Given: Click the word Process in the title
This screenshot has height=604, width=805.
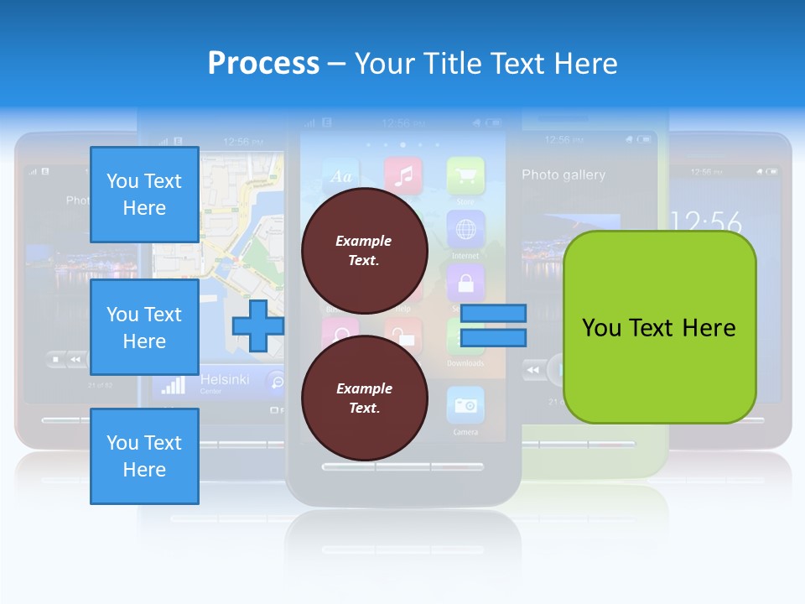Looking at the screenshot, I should click(x=263, y=64).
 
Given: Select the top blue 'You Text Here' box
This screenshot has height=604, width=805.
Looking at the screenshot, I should click(x=144, y=195).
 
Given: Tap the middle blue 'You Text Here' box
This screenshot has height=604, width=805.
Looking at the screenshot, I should click(x=144, y=327).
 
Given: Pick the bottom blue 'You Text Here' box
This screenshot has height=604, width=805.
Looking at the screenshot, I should click(x=144, y=456).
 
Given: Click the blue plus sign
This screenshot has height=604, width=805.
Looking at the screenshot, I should click(x=257, y=325).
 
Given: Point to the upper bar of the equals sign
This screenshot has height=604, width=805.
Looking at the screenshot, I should click(x=493, y=314).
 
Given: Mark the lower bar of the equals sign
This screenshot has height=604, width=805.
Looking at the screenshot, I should click(x=493, y=339).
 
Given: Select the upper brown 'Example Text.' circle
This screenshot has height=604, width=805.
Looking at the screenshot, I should click(x=364, y=250).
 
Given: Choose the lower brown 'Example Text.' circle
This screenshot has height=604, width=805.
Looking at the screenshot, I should click(x=364, y=398).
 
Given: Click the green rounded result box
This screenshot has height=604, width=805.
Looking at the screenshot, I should click(x=659, y=327).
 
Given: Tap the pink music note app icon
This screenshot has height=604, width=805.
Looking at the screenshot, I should click(x=403, y=174).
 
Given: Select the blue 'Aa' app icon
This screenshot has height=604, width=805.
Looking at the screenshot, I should click(x=341, y=176).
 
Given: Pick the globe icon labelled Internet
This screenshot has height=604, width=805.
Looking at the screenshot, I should click(x=465, y=228).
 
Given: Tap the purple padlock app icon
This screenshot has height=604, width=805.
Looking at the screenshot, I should click(x=465, y=282).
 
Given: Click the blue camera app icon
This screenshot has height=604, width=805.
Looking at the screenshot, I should click(x=465, y=405).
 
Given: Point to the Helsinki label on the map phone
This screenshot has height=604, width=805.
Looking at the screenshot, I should click(x=225, y=380).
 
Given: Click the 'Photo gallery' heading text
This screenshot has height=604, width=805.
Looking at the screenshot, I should click(x=563, y=174).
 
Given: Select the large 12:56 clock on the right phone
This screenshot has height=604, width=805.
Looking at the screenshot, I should click(x=706, y=223).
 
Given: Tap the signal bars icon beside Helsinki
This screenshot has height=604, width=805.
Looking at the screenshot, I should click(x=173, y=384).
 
